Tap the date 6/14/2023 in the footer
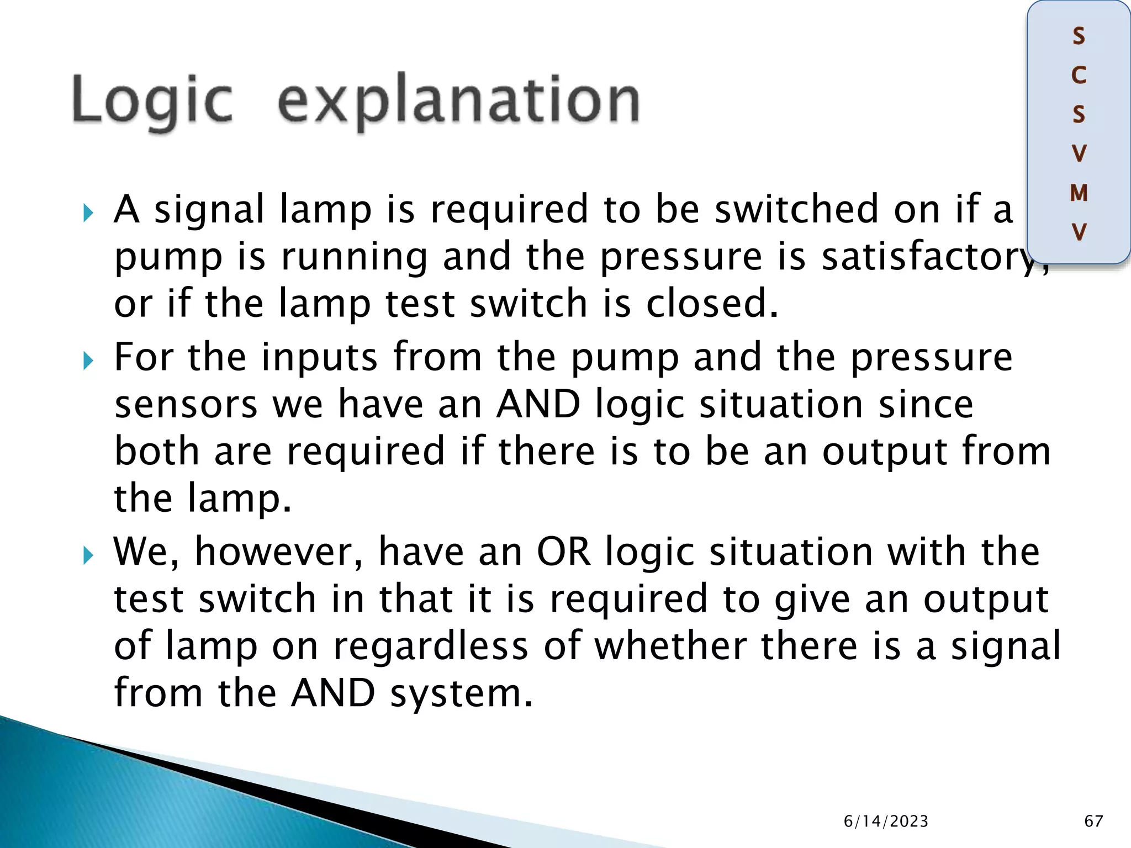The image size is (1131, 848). (x=886, y=821)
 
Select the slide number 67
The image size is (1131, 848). (x=1093, y=821)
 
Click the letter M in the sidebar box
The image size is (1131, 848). (x=1079, y=193)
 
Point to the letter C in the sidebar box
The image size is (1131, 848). (x=1079, y=76)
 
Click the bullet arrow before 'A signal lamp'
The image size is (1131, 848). (x=88, y=213)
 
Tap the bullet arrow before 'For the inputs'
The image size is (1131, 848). (x=88, y=361)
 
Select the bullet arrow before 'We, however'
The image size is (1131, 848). (x=88, y=555)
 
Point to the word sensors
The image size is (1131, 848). (x=186, y=405)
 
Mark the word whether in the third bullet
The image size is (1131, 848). (x=670, y=646)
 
